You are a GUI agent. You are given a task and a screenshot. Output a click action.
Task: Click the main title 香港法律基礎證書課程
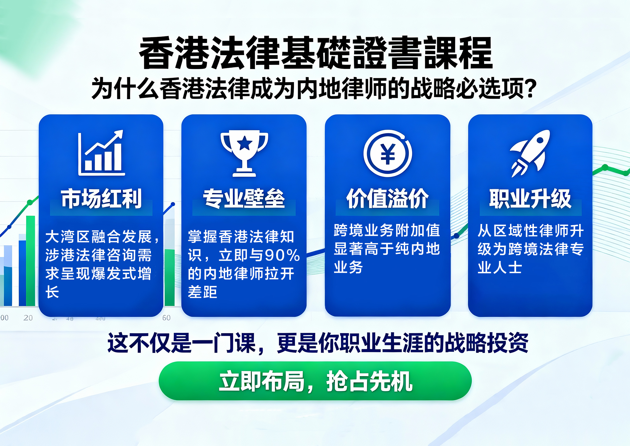point(316,53)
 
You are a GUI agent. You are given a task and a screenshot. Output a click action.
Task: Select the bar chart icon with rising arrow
point(101,153)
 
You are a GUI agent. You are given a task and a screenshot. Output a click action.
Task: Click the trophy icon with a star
point(244,153)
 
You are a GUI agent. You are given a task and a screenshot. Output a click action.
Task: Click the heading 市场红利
point(101,199)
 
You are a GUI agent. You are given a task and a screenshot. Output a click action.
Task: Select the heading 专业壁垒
point(244,199)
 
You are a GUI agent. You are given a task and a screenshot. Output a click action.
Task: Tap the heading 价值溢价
point(388,199)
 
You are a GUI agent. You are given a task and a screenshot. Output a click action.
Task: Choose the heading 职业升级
point(530,199)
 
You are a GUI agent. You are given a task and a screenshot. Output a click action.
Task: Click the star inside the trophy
point(245,143)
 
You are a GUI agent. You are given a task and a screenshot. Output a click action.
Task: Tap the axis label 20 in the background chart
point(28,318)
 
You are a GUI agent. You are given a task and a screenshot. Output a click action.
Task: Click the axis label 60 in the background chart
point(166,318)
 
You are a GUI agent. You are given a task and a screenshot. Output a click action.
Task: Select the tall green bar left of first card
point(31,261)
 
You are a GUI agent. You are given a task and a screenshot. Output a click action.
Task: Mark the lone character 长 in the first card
point(52,292)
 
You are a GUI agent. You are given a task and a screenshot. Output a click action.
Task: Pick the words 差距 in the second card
point(202,292)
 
